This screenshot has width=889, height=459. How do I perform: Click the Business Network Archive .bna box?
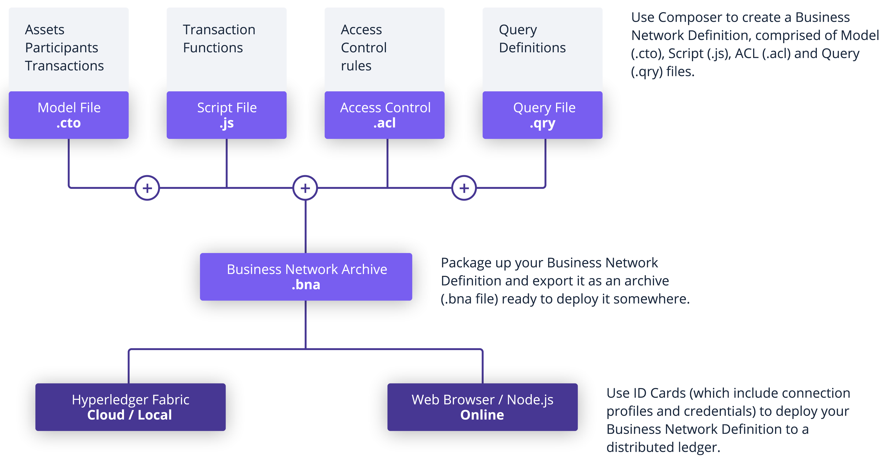(306, 277)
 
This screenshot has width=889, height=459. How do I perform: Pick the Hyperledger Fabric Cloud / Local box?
(130, 407)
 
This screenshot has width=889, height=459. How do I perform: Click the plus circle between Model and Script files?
(147, 188)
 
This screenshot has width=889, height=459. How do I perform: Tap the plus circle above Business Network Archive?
(305, 188)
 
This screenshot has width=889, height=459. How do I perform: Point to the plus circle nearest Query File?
(464, 188)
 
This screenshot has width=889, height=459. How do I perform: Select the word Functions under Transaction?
(213, 48)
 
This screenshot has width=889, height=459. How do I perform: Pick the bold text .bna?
(306, 285)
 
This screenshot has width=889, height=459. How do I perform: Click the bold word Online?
(482, 415)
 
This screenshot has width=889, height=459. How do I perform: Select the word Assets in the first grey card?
(45, 30)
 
